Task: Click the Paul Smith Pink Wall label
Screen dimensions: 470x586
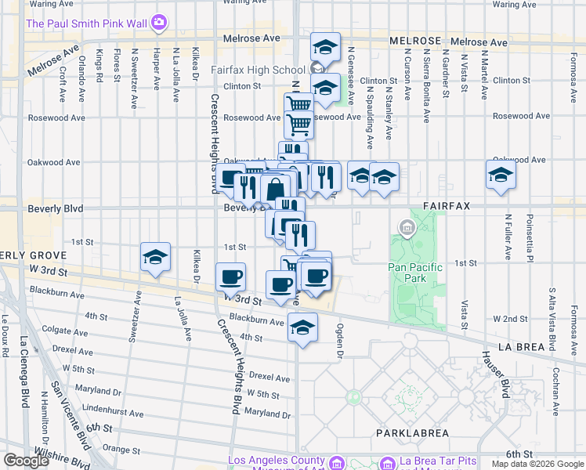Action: click(x=87, y=23)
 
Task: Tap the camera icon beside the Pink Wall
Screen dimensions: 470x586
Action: click(x=159, y=23)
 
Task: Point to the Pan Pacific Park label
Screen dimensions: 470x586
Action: click(x=415, y=273)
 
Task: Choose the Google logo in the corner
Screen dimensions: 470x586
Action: click(x=26, y=461)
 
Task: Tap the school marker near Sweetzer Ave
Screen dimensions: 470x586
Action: click(x=155, y=257)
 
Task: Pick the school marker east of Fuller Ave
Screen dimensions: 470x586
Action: click(x=501, y=175)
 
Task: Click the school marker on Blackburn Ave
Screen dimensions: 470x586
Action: click(x=302, y=327)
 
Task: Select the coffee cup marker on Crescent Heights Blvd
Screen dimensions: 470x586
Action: click(x=230, y=277)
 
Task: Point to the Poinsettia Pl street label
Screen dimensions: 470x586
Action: click(x=531, y=235)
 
